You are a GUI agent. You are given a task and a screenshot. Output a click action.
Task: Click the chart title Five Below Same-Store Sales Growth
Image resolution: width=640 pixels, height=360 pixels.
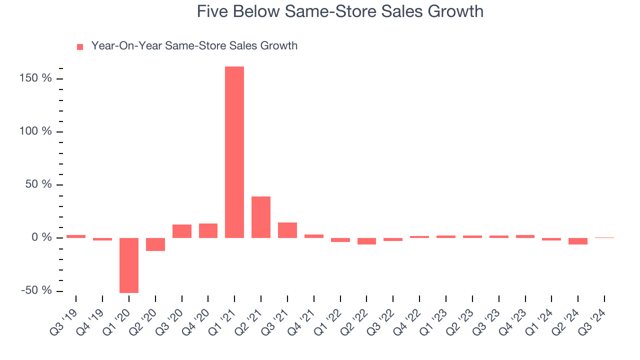tap(340, 11)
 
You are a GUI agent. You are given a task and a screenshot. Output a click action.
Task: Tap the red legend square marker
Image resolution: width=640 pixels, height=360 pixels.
tap(80, 46)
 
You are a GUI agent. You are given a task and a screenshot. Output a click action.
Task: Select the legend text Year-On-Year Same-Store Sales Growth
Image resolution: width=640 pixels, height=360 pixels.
tap(194, 46)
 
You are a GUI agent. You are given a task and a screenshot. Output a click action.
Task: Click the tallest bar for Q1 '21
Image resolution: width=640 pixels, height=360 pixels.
tap(234, 152)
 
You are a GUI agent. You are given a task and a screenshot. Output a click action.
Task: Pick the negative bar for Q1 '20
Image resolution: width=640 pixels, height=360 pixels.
tap(129, 265)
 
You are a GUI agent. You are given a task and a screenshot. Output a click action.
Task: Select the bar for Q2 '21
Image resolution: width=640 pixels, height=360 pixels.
tap(261, 217)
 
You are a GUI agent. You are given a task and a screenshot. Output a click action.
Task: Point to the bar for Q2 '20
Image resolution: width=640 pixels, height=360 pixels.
tap(155, 244)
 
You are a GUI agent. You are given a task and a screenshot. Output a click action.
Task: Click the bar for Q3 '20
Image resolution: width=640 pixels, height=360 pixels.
tap(182, 231)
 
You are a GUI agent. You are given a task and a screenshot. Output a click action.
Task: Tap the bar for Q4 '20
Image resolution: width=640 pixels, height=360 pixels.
tap(208, 230)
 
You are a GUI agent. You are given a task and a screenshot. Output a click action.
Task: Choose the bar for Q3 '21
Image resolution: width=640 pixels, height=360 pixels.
tap(287, 230)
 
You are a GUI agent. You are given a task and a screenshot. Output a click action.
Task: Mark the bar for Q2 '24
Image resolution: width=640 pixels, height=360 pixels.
tap(578, 241)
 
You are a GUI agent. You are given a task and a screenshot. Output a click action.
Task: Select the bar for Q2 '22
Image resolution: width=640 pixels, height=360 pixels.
tap(366, 241)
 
